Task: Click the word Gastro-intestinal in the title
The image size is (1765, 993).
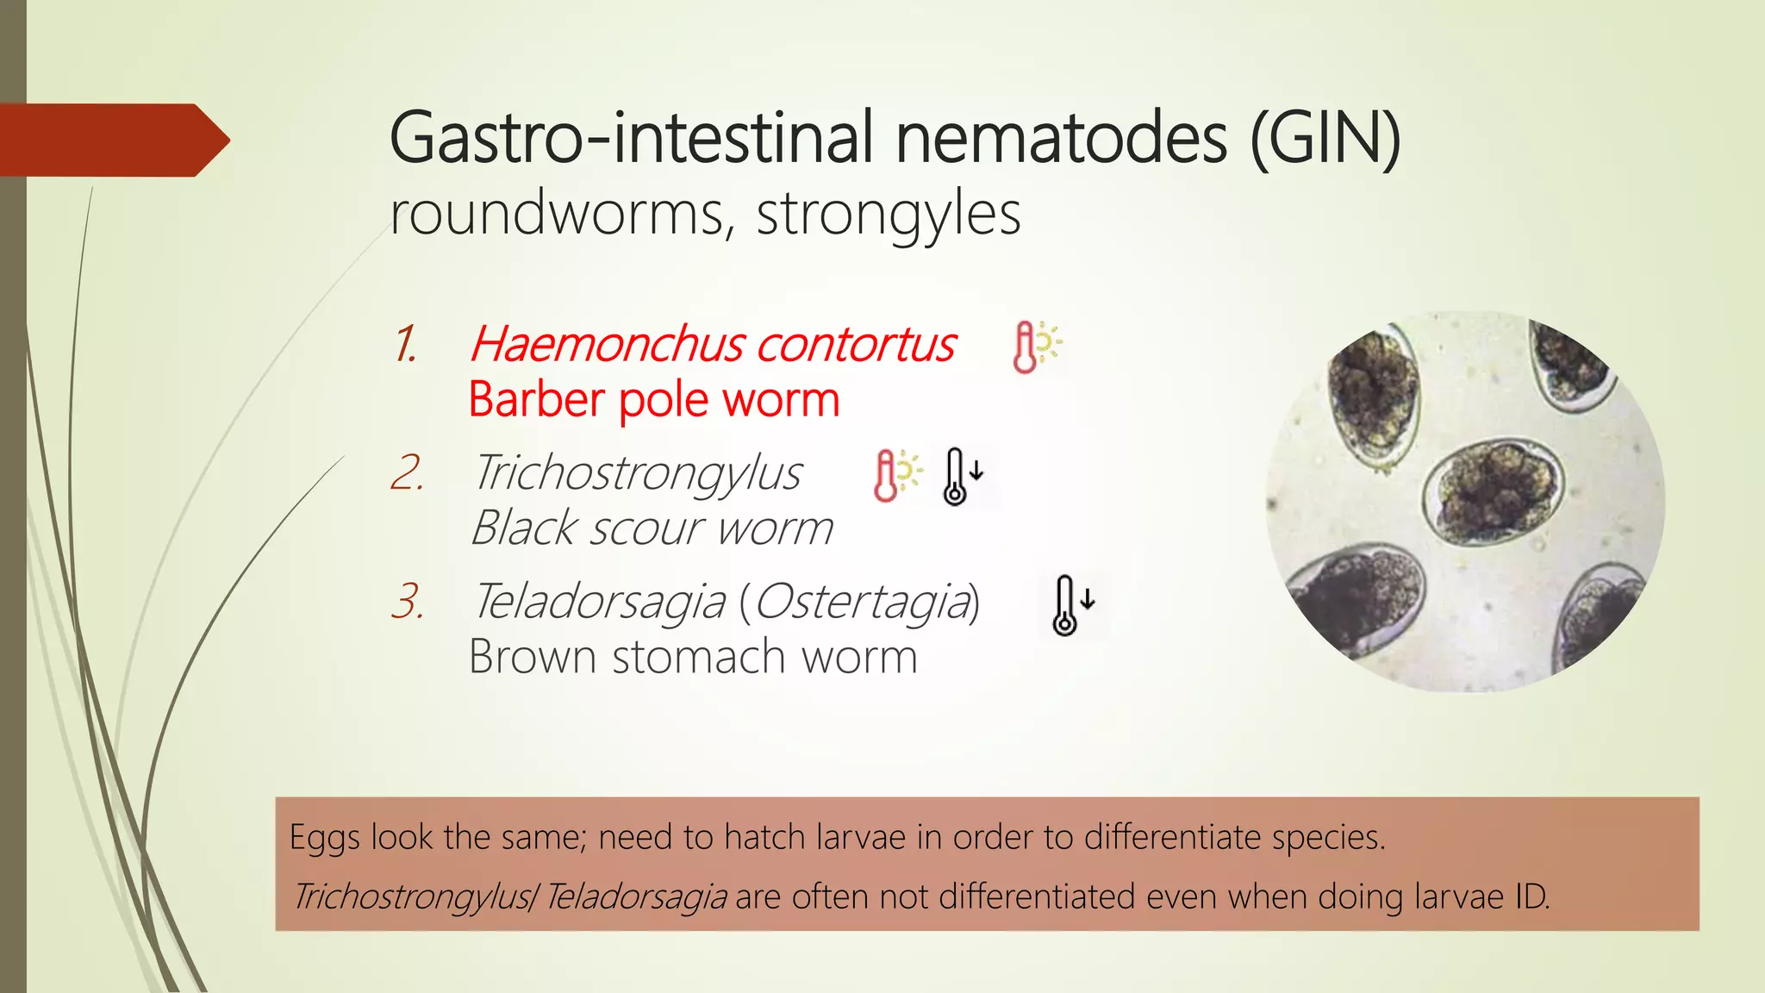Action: coord(638,138)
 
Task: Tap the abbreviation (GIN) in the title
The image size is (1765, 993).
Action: coord(1325,138)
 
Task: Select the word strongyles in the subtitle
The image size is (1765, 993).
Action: coord(888,214)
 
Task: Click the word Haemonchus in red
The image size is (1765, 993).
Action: coord(607,344)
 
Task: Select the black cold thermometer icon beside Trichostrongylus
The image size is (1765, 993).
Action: coord(961,475)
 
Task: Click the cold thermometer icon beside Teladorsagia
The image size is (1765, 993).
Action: coord(1071,604)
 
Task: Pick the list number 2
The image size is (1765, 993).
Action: coord(407,473)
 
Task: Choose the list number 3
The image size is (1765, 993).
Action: coord(407,601)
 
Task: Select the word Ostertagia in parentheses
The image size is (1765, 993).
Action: coord(862,601)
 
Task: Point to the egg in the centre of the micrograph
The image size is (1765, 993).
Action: coord(1492,490)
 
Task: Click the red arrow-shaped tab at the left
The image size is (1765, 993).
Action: coord(112,140)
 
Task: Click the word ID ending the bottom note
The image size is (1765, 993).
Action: coord(1531,896)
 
